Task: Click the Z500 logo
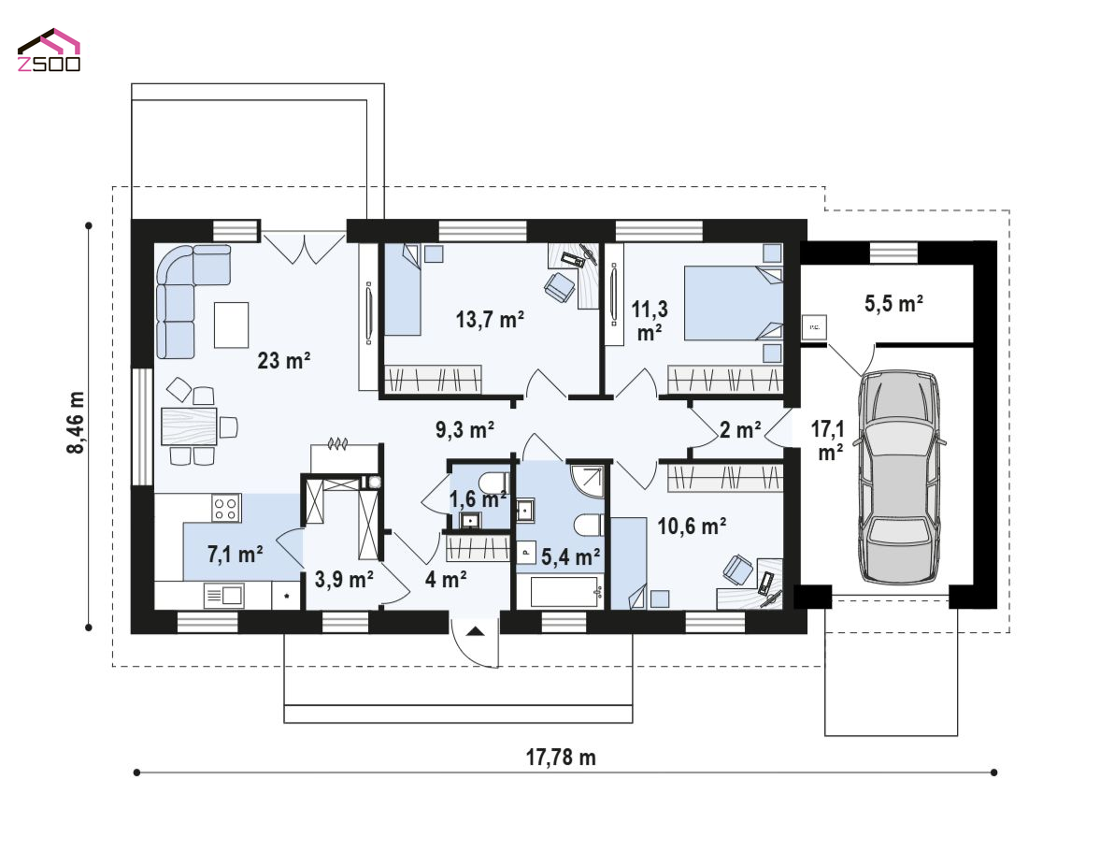[49, 50]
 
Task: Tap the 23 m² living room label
[283, 360]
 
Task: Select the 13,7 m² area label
[491, 319]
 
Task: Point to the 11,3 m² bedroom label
[650, 321]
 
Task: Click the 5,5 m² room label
[893, 304]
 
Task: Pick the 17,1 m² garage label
[828, 440]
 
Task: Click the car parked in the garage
[899, 477]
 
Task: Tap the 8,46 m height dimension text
[76, 422]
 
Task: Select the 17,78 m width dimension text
[561, 757]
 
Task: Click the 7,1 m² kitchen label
[236, 554]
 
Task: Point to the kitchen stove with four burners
[227, 508]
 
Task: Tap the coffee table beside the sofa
[232, 324]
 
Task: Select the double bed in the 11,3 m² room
[734, 304]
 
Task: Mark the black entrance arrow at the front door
[476, 630]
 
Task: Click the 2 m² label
[740, 430]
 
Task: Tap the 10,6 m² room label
[692, 526]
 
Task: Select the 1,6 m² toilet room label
[478, 499]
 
